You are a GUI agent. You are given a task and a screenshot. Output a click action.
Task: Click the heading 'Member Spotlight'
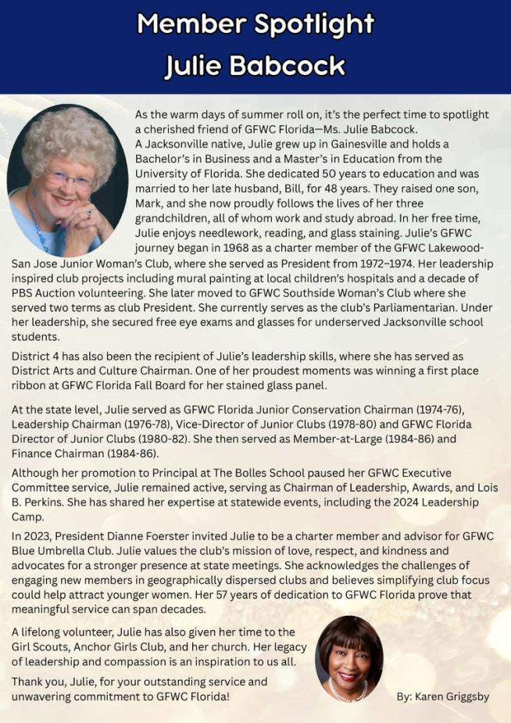coord(255,25)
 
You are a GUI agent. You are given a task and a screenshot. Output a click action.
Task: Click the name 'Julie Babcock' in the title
coord(255,66)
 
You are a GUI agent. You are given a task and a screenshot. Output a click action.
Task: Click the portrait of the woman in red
coord(348,658)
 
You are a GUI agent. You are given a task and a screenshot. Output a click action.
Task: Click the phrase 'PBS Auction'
coord(45,293)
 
